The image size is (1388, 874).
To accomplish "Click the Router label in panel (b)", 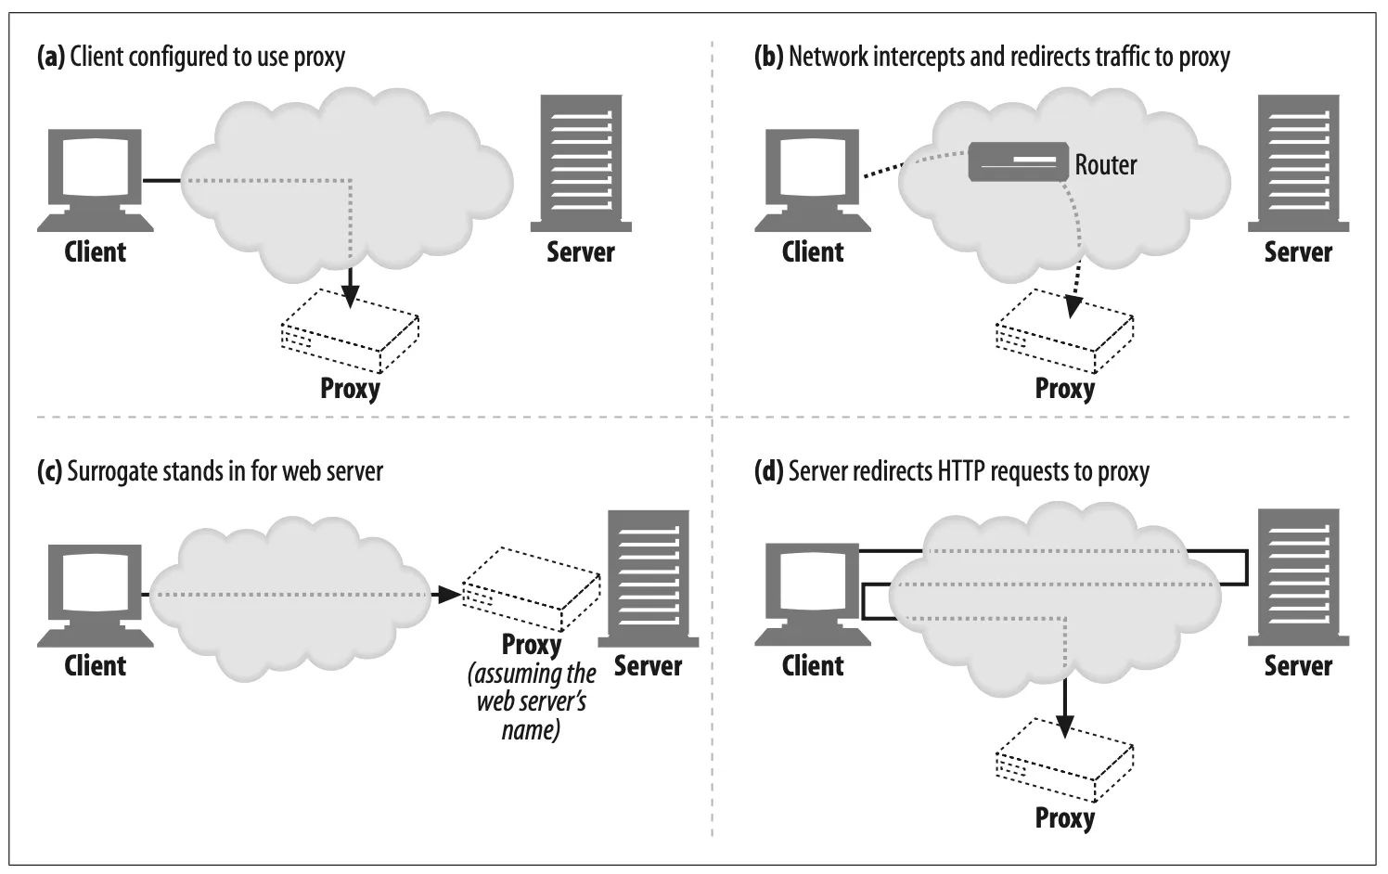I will point(1105,165).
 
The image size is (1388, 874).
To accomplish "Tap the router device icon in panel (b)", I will point(1018,161).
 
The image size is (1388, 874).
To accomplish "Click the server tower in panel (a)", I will point(581,163).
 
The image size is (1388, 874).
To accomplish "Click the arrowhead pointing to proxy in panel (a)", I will point(350,296).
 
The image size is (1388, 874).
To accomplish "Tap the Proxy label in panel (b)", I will point(1064,388).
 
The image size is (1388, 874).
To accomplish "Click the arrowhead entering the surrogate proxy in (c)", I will point(450,594).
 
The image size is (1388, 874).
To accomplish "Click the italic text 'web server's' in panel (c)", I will point(531,701).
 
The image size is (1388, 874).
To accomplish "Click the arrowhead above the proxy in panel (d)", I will point(1065,724).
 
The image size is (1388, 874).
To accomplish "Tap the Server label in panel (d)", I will point(1297,666).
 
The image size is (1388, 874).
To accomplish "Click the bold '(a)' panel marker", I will point(50,57).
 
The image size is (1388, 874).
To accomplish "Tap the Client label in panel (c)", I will point(95,666).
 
